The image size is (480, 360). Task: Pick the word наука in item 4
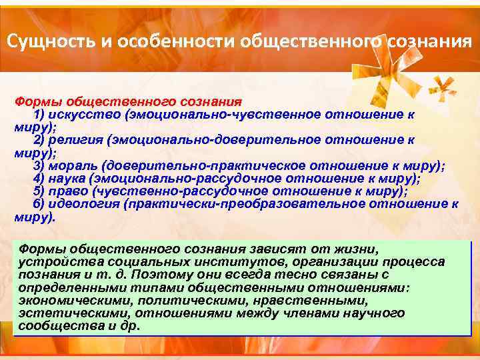(x=73, y=178)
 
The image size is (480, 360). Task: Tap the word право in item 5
(x=73, y=191)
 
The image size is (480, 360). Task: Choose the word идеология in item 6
(x=86, y=203)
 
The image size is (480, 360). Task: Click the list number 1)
(x=39, y=115)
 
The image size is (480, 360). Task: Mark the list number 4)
(x=39, y=178)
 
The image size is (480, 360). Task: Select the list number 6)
(x=39, y=203)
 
